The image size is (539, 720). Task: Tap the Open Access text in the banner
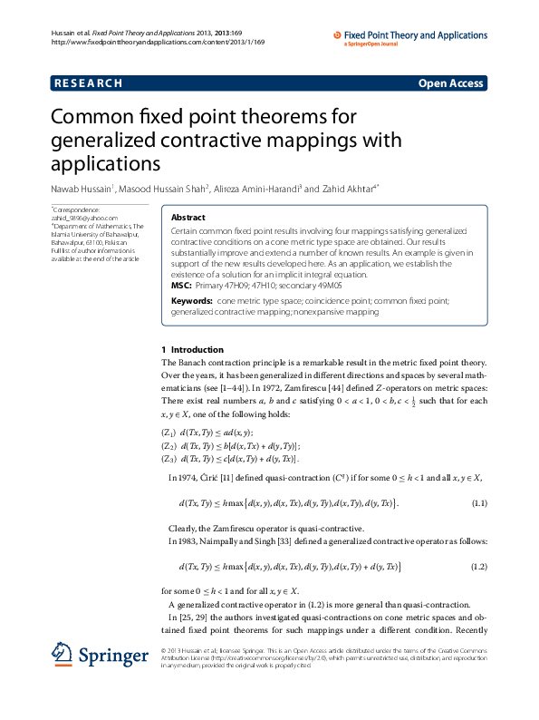coord(450,83)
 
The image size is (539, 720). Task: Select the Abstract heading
coord(188,218)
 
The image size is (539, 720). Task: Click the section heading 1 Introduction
coord(191,348)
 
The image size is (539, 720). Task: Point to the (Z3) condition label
coord(168,460)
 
